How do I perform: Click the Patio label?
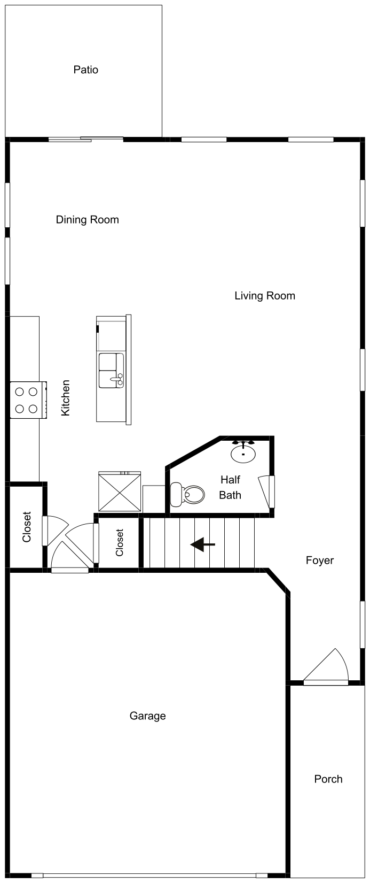coord(85,70)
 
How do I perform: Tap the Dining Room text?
coord(87,219)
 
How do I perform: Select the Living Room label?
coord(264,296)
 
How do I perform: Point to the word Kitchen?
coord(65,398)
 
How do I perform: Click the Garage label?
coord(147,716)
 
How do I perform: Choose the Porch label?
coord(328,779)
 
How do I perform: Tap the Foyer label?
coord(319,560)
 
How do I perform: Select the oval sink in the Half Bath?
coord(243,454)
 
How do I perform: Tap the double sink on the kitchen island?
coord(111,370)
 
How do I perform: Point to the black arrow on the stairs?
coord(202,544)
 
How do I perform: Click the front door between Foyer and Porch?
coord(326,681)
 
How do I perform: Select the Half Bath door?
coord(271,492)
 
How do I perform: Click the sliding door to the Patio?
coord(85,140)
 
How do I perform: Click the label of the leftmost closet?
coord(27,527)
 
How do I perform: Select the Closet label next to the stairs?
coord(119,542)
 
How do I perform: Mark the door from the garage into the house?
coord(69,570)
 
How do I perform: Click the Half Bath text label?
coord(230,487)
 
